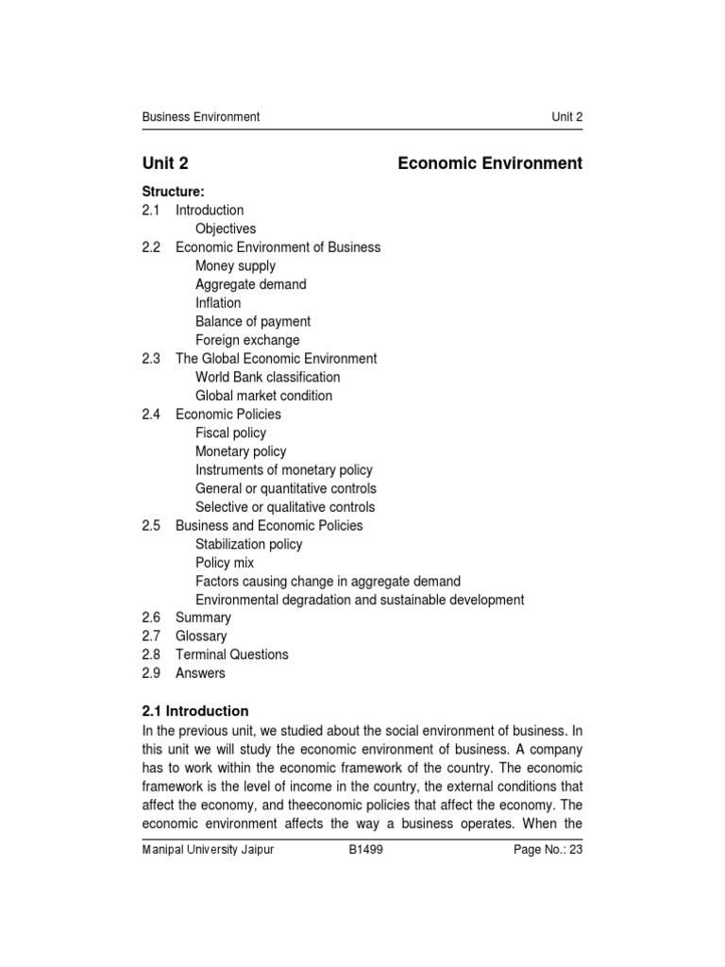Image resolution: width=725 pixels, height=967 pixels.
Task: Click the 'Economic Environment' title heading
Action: tap(490, 163)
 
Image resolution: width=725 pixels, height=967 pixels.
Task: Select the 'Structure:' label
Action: tap(173, 192)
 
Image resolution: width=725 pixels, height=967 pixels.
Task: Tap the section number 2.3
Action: tap(152, 359)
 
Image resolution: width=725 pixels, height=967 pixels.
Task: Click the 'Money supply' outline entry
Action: tap(235, 266)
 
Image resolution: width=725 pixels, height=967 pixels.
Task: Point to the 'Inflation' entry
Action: tap(218, 303)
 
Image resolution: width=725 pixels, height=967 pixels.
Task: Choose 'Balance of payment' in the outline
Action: tap(252, 322)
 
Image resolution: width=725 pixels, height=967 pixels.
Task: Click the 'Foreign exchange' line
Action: tap(247, 340)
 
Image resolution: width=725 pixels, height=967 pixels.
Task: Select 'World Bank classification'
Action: tap(267, 378)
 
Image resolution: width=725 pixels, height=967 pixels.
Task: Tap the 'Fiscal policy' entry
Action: tap(230, 433)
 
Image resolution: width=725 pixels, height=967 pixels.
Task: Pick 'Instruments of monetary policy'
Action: tap(283, 470)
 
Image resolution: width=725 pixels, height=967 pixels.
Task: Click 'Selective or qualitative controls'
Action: tap(284, 507)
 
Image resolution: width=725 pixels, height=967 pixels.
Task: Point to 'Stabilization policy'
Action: tap(249, 545)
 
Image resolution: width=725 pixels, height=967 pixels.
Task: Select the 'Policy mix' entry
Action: tap(225, 563)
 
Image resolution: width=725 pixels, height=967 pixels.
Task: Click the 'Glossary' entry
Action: tap(202, 636)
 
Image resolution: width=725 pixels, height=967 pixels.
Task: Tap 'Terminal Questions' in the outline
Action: tap(232, 654)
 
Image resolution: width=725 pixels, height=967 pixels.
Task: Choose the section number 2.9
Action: tap(152, 673)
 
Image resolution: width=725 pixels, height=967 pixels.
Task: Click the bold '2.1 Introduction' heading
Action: tap(195, 711)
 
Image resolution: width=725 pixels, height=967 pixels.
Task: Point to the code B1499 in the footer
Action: tap(364, 850)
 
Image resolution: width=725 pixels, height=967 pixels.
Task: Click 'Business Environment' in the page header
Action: tap(200, 117)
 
